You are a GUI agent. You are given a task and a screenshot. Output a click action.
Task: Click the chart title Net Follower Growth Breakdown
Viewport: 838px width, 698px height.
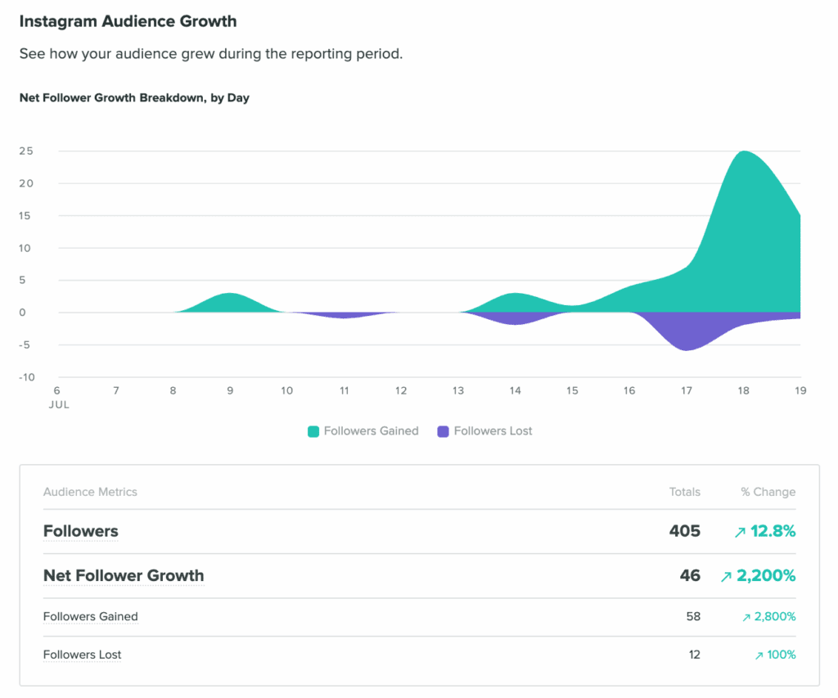point(134,97)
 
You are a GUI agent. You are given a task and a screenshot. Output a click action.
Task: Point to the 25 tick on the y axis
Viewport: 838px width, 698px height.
point(26,151)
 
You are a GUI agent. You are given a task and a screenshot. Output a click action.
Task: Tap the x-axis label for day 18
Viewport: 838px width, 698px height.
point(743,390)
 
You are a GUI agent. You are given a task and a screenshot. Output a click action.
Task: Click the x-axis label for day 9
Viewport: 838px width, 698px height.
point(230,390)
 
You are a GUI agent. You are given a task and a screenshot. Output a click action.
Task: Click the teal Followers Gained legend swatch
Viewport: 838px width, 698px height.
point(313,431)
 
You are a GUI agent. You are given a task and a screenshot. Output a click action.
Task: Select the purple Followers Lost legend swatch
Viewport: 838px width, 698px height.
point(444,431)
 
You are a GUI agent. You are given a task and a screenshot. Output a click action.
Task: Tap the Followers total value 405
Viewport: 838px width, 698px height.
point(684,531)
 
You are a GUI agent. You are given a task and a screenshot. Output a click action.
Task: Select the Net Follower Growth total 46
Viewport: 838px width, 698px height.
point(690,575)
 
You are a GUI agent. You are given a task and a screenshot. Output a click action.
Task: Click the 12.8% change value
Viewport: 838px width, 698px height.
point(773,531)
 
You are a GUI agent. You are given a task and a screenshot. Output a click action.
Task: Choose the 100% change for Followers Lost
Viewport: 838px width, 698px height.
point(781,655)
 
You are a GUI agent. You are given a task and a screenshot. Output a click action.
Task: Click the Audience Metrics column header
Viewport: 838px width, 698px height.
point(90,492)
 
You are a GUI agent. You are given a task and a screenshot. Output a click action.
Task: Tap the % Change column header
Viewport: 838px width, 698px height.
point(768,492)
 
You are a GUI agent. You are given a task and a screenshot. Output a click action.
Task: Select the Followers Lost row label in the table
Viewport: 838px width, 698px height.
point(82,655)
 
